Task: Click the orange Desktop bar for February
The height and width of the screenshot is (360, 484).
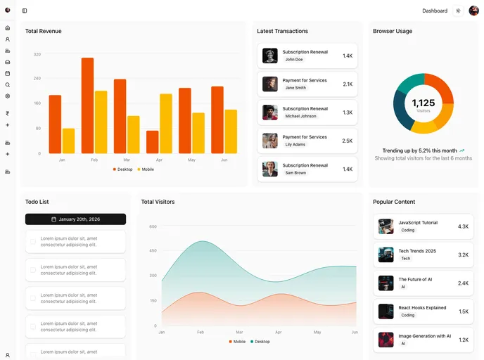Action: tap(87, 105)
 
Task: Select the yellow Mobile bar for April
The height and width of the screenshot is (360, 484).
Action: tap(166, 123)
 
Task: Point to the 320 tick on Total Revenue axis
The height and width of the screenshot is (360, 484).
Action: tap(37, 54)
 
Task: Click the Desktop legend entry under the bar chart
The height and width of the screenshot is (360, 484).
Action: tap(122, 169)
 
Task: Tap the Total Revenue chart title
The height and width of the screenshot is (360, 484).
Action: tap(43, 31)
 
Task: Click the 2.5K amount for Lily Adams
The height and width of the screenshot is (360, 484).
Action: tap(347, 141)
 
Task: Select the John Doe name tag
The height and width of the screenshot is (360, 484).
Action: tap(294, 60)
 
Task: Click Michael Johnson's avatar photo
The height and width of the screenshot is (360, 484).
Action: tap(270, 112)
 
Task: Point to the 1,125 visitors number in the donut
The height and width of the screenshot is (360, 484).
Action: tap(423, 103)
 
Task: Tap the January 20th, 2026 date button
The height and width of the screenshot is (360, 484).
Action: tap(75, 219)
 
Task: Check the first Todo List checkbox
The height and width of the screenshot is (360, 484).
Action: tap(33, 242)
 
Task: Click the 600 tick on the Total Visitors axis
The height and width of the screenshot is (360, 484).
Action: tap(153, 226)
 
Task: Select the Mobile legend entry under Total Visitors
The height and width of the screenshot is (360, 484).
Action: tap(237, 342)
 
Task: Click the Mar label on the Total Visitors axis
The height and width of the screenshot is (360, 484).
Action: tap(239, 332)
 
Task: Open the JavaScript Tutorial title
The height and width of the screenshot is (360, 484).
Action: tap(417, 223)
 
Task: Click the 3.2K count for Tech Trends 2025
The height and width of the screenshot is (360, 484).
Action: tap(463, 255)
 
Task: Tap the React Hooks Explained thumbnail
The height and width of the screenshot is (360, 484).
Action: tap(386, 311)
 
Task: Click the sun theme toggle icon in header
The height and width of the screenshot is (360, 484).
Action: tap(458, 11)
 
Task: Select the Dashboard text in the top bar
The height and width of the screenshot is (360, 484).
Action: tap(434, 11)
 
